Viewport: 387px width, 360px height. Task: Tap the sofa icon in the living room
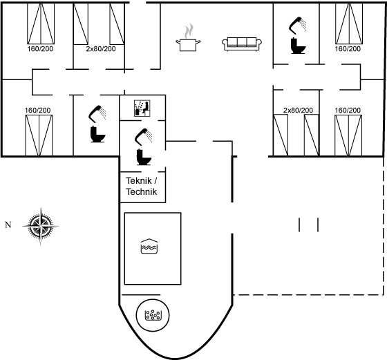click(242, 44)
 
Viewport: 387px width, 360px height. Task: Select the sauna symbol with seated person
click(142, 108)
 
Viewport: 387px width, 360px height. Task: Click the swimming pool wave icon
click(149, 246)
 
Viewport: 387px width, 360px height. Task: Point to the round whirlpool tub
click(153, 315)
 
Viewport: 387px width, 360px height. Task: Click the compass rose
click(41, 226)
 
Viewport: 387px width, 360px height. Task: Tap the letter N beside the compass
click(8, 225)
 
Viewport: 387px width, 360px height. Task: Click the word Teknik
click(139, 180)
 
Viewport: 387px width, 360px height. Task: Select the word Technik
click(142, 191)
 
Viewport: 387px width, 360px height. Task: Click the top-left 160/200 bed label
click(40, 49)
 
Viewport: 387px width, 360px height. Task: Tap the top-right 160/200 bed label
click(348, 49)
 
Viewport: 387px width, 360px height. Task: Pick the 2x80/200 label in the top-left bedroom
click(101, 49)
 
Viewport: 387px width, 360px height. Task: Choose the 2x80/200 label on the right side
click(298, 110)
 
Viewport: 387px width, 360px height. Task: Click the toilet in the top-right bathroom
click(298, 46)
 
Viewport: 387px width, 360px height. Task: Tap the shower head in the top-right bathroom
click(297, 25)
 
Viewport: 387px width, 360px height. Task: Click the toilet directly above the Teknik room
click(144, 157)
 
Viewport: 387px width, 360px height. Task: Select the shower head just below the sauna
click(143, 137)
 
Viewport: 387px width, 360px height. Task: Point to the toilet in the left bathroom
click(97, 134)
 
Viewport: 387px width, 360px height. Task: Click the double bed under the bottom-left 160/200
click(39, 135)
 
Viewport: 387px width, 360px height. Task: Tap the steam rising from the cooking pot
click(189, 30)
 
